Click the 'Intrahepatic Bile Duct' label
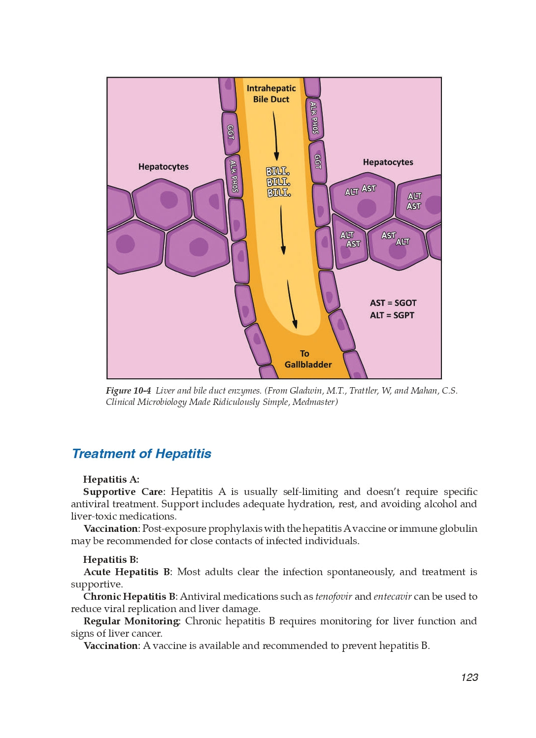pyautogui.click(x=271, y=93)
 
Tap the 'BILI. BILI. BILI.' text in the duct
pyautogui.click(x=278, y=182)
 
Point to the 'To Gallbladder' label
pyautogui.click(x=307, y=359)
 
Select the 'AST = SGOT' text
pyautogui.click(x=393, y=303)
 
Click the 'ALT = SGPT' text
pyautogui.click(x=392, y=315)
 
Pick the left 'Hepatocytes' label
pyautogui.click(x=163, y=167)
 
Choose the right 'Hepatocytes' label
pyautogui.click(x=388, y=162)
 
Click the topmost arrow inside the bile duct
pyautogui.click(x=275, y=135)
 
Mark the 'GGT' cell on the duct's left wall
pyautogui.click(x=231, y=133)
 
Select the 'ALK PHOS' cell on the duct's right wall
pyautogui.click(x=314, y=118)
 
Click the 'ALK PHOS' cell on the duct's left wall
pyautogui.click(x=234, y=176)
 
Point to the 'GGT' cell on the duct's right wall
pyautogui.click(x=318, y=161)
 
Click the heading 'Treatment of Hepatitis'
pyautogui.click(x=141, y=454)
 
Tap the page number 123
pyautogui.click(x=469, y=677)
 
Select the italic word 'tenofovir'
pyautogui.click(x=334, y=597)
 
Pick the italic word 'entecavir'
pyautogui.click(x=392, y=597)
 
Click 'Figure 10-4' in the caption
pyautogui.click(x=128, y=391)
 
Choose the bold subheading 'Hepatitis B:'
pyautogui.click(x=111, y=560)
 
